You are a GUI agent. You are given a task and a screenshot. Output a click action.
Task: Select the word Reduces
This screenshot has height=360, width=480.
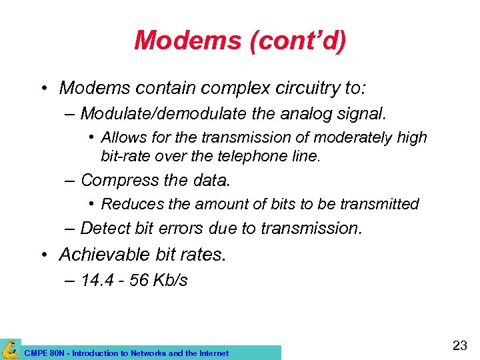[127, 203]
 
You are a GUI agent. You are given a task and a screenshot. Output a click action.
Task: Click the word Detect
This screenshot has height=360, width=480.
[105, 228]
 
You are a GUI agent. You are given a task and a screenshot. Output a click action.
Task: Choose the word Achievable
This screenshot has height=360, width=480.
[101, 254]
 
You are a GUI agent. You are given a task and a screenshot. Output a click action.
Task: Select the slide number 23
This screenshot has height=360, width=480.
[459, 345]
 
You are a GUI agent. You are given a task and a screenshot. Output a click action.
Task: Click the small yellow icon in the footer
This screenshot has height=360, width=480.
[10, 349]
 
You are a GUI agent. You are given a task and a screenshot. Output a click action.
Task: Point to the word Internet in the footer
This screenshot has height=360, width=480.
[213, 353]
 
